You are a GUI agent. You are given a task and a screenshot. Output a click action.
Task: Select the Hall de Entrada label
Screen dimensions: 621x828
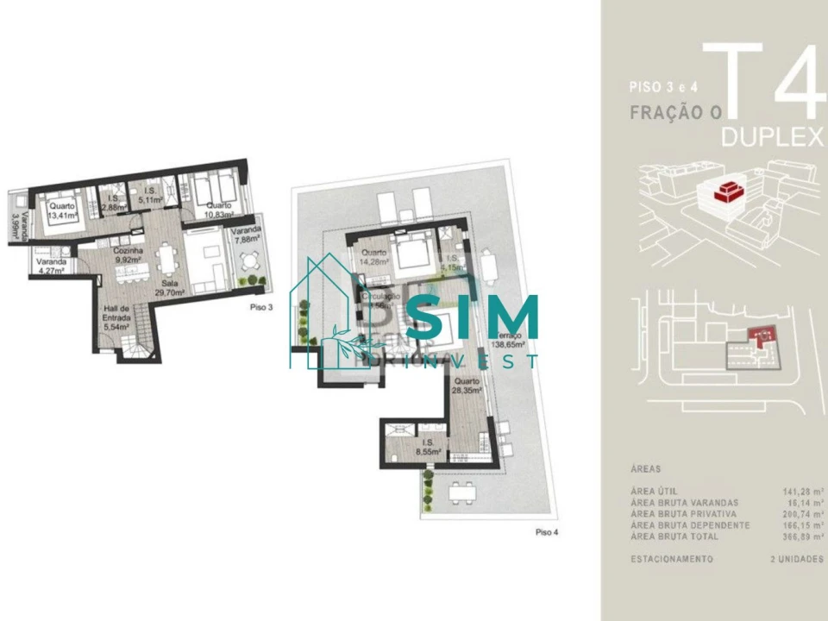pos(116,317)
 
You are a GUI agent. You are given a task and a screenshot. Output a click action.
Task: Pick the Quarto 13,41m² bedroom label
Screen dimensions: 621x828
pos(61,211)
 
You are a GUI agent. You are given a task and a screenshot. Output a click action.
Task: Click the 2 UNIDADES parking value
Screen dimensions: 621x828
pos(795,559)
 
